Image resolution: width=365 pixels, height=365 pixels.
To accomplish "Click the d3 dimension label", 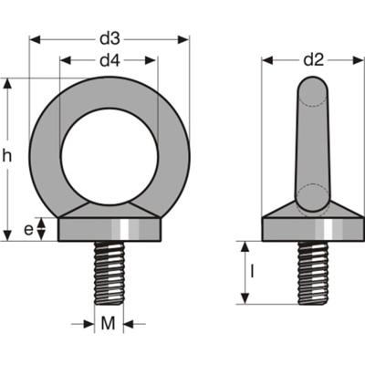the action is (x=109, y=39).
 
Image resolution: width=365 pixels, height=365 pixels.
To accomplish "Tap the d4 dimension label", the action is (x=110, y=60).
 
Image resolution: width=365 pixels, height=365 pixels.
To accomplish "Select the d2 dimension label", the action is (x=314, y=60).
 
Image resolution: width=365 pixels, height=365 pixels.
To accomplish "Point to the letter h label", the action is (x=6, y=156).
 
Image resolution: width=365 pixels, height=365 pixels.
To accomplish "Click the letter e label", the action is (x=28, y=230).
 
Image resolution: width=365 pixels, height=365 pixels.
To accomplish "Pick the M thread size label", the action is (x=109, y=323).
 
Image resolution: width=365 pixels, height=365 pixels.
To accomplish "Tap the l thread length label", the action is (x=252, y=272).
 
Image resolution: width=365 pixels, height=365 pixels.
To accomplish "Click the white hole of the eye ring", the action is (x=109, y=156).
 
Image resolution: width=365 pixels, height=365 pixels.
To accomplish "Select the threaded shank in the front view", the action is (x=109, y=273).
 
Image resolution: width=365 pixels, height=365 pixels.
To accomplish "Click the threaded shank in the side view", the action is (x=313, y=273).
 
